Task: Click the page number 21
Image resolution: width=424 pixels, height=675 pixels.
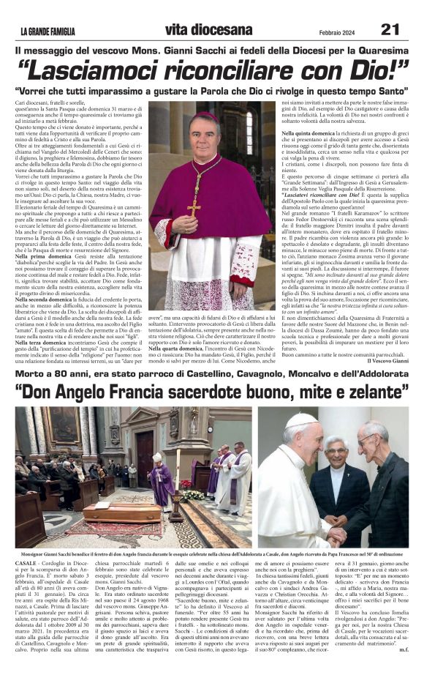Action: (x=390, y=29)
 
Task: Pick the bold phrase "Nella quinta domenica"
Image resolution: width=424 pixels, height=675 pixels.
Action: (x=311, y=133)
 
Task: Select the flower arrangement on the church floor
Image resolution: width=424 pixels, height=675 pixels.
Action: (x=193, y=494)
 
